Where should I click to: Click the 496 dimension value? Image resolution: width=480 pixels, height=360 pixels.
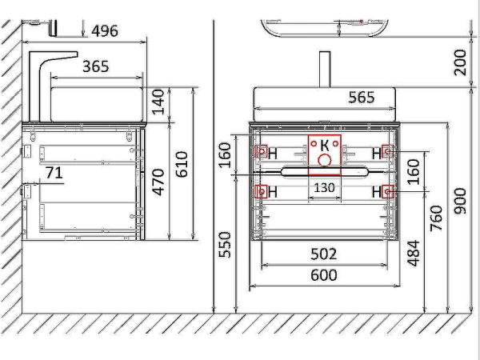105,31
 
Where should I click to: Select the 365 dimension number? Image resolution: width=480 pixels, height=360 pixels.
95,66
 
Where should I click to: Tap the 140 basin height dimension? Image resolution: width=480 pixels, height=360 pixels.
158,102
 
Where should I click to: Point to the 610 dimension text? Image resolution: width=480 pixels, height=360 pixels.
182,164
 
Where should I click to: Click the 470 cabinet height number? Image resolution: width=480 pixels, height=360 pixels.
158,182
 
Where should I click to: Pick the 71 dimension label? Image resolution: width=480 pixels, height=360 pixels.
54,173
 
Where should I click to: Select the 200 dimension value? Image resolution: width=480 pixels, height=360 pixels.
460,62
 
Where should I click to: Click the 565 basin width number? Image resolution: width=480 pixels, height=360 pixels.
362,98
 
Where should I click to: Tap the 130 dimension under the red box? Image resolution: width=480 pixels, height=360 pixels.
325,188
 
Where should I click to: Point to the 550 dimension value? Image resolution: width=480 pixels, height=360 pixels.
225,245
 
